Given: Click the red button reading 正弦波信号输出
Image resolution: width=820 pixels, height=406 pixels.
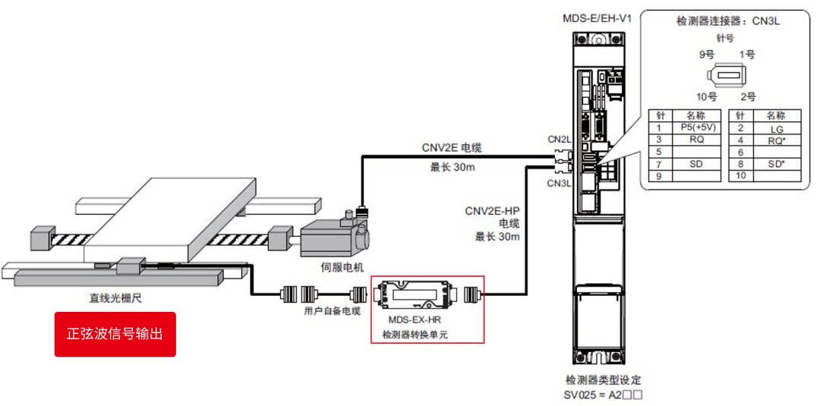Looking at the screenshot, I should pyautogui.click(x=115, y=334).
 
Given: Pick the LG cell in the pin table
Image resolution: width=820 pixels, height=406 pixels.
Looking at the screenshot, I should pyautogui.click(x=775, y=127).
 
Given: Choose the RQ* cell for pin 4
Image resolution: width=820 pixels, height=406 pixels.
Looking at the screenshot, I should pyautogui.click(x=775, y=140).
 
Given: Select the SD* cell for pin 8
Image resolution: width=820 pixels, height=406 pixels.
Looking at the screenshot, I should pyautogui.click(x=775, y=164).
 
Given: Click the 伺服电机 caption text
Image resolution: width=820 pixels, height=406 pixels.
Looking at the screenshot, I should pyautogui.click(x=342, y=267).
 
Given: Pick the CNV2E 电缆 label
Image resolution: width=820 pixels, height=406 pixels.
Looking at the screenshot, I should pyautogui.click(x=452, y=148).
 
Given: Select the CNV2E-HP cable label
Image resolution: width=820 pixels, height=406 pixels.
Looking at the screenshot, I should pyautogui.click(x=493, y=211).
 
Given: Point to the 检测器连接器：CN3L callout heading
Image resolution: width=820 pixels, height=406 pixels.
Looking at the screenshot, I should pyautogui.click(x=727, y=21).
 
